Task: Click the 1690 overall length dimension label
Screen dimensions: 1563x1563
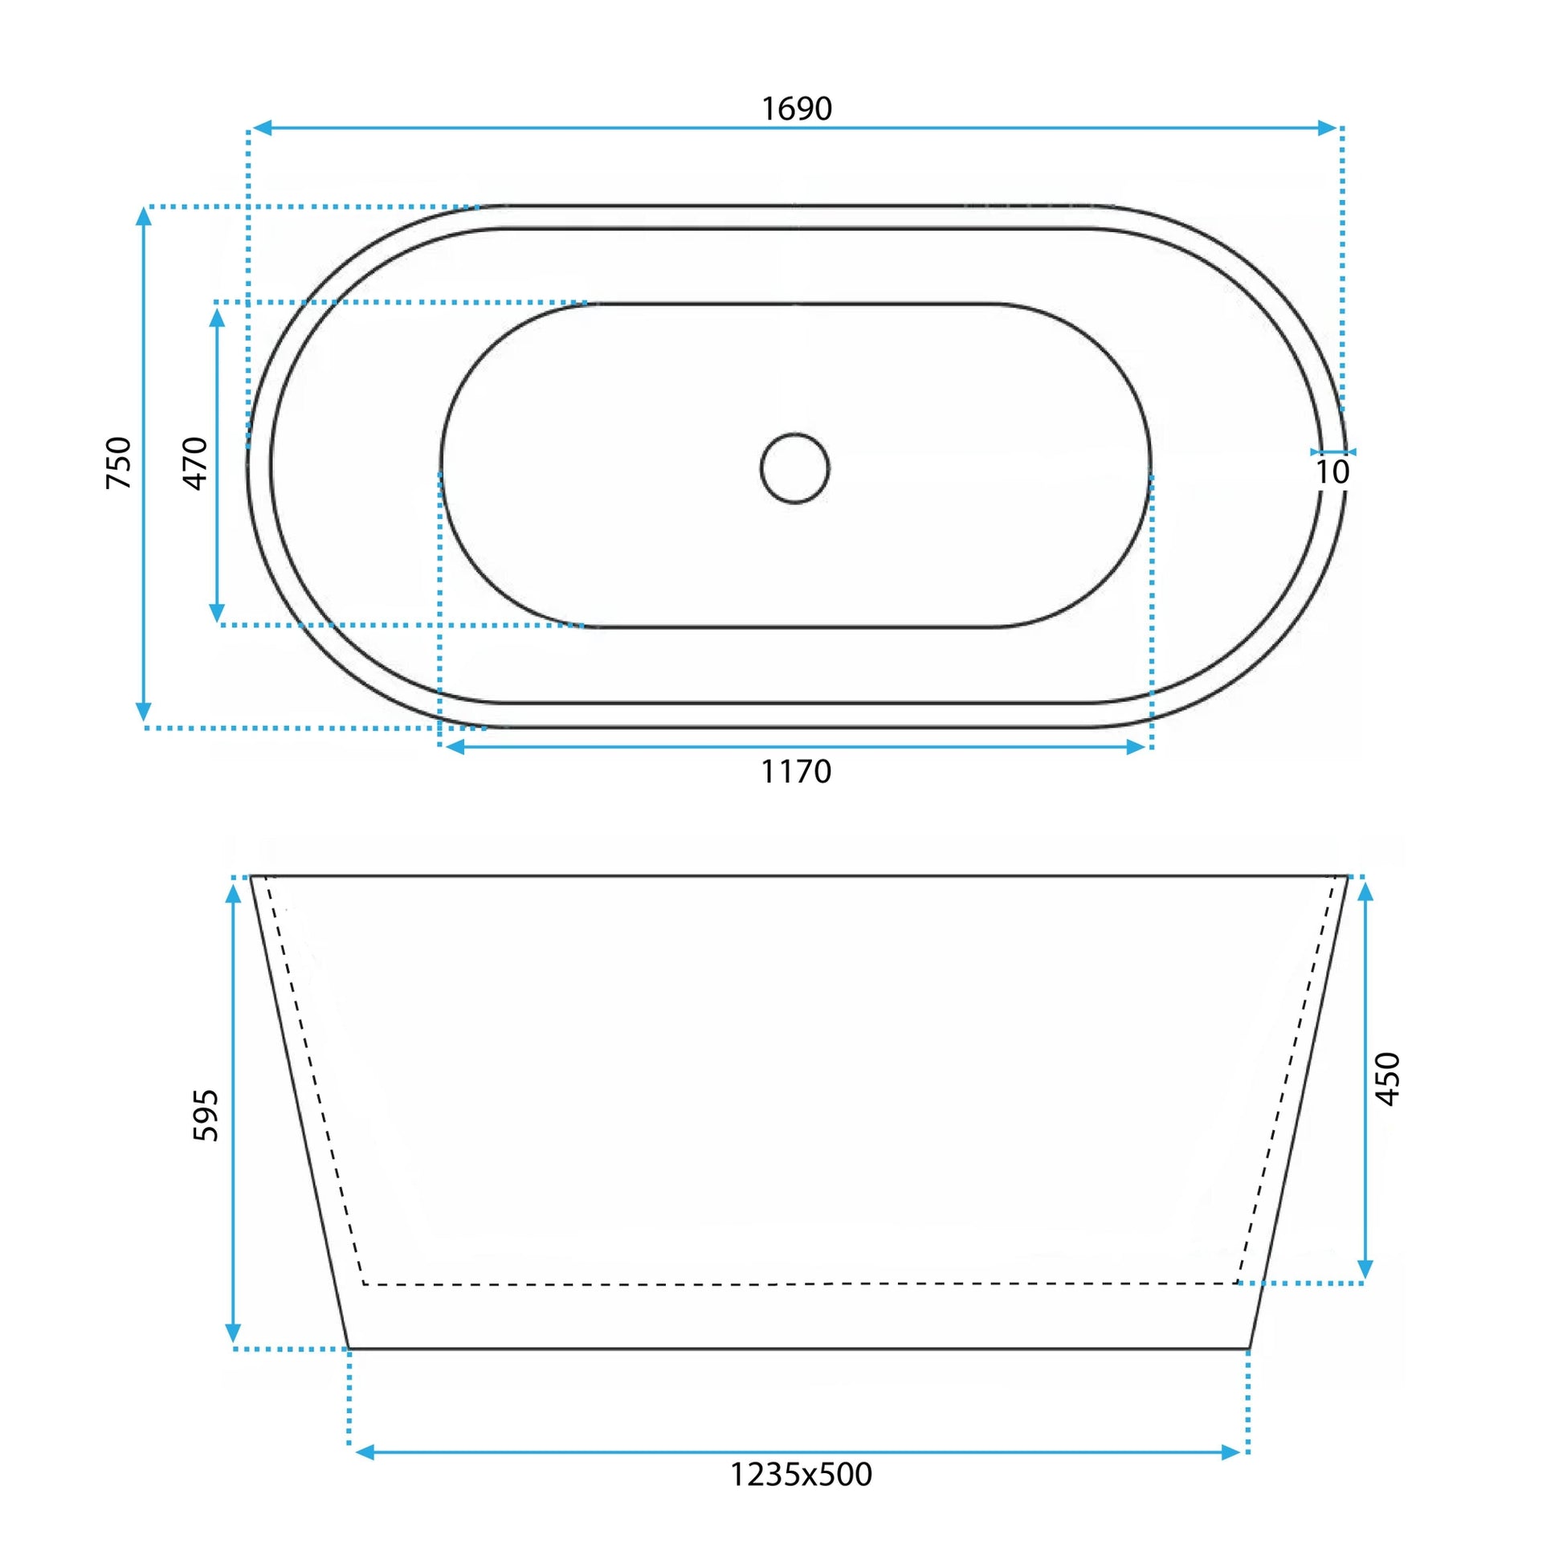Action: [797, 108]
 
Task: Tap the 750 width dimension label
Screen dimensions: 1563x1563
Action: [119, 463]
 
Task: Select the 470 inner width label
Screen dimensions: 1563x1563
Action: [196, 463]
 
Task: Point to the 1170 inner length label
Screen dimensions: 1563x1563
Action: [796, 772]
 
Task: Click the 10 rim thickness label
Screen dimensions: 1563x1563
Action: [1332, 472]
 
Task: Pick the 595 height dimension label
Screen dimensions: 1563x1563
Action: [206, 1116]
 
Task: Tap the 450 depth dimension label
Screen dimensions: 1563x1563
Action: [1387, 1079]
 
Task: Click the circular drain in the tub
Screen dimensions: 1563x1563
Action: [794, 468]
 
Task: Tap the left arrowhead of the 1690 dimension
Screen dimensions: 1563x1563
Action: [261, 128]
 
